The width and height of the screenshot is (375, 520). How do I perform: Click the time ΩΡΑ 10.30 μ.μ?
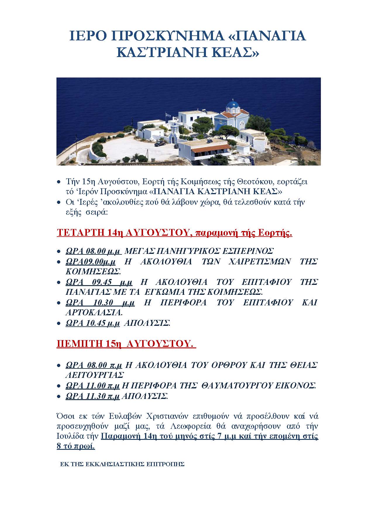tap(100, 302)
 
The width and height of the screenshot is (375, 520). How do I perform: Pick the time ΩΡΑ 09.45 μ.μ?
tap(99, 282)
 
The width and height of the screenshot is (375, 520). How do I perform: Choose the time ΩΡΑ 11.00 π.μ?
tap(93, 385)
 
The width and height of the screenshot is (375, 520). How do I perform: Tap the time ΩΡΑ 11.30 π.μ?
tap(93, 396)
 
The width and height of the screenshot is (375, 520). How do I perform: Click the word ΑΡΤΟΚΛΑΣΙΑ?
tap(93, 312)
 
